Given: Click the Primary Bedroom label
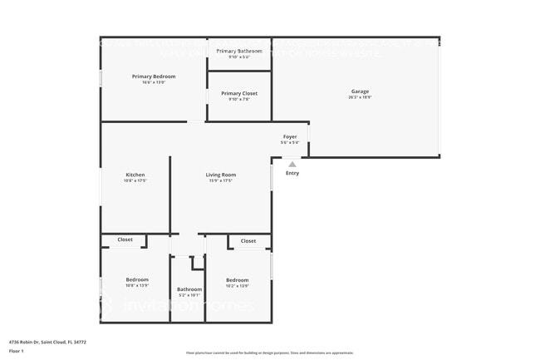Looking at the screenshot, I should point(153,76).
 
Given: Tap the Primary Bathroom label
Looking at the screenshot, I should point(239,52).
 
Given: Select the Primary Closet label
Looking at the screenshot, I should point(239,93).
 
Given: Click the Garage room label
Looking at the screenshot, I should point(360,91).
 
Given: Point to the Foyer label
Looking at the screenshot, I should point(290,137).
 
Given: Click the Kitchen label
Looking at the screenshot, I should point(135,175).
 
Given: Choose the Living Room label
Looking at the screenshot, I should point(221,175).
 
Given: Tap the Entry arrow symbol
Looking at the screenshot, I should point(292,165).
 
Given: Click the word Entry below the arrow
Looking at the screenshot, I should point(292,173).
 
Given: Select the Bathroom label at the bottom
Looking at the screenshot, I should point(189,289).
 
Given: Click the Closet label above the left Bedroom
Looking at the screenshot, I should point(125,239).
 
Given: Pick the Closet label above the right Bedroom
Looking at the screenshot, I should point(248,241).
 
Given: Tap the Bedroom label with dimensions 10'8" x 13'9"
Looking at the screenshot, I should point(137,279).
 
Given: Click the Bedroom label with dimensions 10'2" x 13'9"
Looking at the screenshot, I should point(238,280).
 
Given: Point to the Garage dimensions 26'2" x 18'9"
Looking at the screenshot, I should point(360,97).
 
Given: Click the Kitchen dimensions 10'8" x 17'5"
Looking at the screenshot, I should point(135,180).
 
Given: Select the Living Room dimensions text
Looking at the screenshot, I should point(221,180).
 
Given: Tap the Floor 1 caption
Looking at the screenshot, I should point(17,351).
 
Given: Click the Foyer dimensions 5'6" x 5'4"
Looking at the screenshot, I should point(290,143).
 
